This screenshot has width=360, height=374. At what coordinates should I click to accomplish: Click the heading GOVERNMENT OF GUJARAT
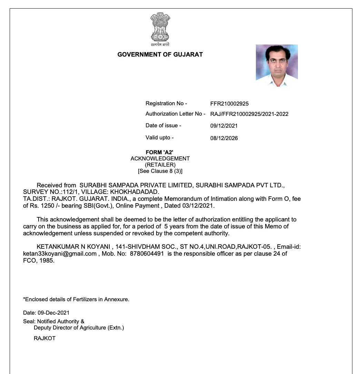coord(160,55)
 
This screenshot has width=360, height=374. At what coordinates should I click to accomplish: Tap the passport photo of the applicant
coord(277,65)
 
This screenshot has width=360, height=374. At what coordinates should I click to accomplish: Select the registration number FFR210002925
coord(229,104)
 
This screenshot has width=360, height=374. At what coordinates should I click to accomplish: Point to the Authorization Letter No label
coord(175,114)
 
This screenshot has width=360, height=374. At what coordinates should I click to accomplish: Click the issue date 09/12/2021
coord(224,126)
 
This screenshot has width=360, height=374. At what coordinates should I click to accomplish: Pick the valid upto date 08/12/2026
coord(224,138)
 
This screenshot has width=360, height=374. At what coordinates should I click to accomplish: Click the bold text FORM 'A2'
coord(159,152)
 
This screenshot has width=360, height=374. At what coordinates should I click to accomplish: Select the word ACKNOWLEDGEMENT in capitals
coord(160,159)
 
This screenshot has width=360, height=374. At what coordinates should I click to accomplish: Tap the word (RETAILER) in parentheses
coord(160,165)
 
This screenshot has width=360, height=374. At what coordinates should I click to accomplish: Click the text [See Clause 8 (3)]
coord(160,171)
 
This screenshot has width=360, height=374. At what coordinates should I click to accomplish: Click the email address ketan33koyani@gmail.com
coord(60,254)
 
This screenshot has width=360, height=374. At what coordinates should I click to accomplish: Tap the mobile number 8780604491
coord(147,254)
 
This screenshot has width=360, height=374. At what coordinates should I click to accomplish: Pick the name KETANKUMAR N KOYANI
coord(73,247)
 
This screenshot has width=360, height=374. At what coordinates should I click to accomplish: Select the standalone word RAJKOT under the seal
coord(44,338)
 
